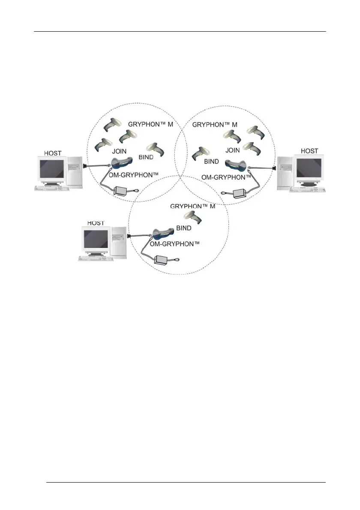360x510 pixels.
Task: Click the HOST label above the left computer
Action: [x=53, y=153]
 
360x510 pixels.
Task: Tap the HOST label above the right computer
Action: [x=309, y=151]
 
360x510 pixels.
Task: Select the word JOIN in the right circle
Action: [x=233, y=150]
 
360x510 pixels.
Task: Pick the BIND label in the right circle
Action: [x=211, y=162]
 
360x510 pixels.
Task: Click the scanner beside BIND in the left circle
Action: [x=155, y=148]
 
